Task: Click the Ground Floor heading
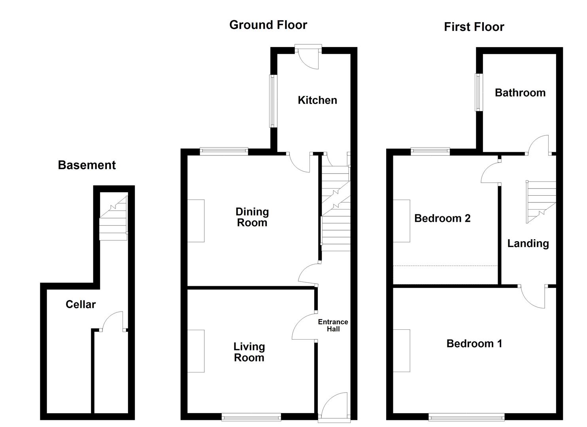tap(268, 25)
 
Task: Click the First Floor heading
tap(474, 27)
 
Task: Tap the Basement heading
tap(87, 165)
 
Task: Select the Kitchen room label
tap(317, 100)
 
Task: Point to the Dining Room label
tap(252, 217)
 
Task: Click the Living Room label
tap(249, 352)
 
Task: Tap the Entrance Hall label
tap(333, 325)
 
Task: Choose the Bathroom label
tap(520, 93)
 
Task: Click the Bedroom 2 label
tap(442, 218)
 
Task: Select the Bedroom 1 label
tap(474, 343)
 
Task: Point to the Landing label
tap(528, 243)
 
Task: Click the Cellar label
tap(81, 304)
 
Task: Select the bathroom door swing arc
tap(538, 145)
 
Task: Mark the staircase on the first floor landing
tap(540, 202)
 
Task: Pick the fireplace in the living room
tap(196, 351)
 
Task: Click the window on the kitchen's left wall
tap(272, 101)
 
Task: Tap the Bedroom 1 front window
tap(466, 416)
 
